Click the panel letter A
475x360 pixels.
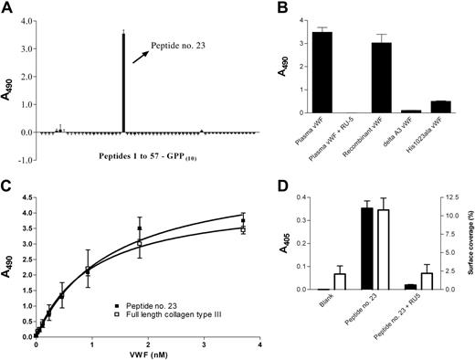pos(8,8)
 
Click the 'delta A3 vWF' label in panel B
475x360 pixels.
pos(398,132)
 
